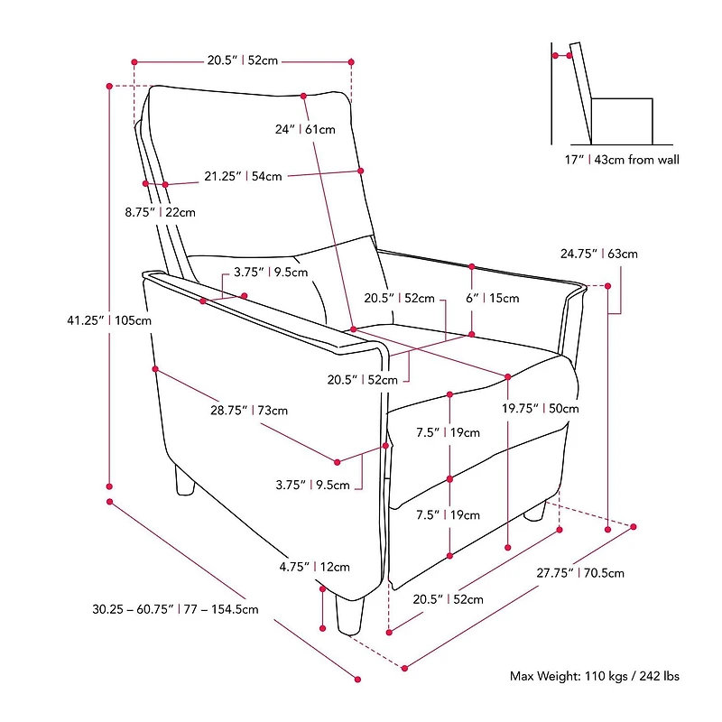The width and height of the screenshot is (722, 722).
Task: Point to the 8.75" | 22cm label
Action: tap(159, 212)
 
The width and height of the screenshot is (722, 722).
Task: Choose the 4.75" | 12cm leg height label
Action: tap(314, 567)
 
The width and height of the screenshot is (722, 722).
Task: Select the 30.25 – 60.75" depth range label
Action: tap(175, 608)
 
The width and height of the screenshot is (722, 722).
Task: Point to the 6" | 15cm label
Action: tap(492, 298)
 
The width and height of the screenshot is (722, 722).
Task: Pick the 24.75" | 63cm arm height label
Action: tap(599, 254)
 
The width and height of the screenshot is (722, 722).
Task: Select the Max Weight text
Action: tap(595, 675)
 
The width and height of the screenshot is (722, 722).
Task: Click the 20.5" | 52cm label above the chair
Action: tap(242, 60)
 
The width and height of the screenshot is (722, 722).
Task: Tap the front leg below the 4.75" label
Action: tap(347, 614)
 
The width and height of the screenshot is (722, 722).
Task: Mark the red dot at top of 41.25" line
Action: tap(109, 86)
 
